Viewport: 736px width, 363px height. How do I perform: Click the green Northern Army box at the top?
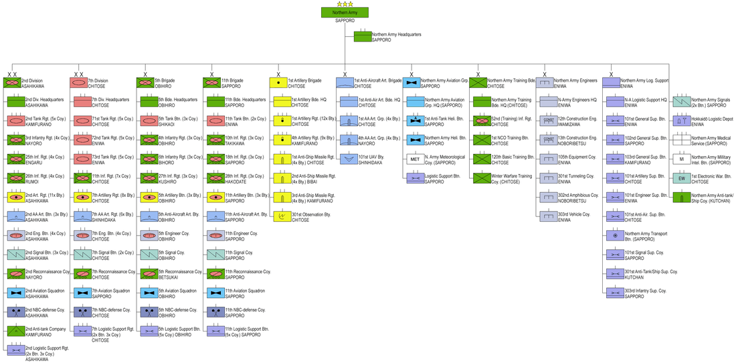tap(345, 13)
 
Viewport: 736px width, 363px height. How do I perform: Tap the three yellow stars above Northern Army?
tap(345, 4)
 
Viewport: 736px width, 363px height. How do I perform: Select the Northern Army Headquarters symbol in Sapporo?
tap(362, 36)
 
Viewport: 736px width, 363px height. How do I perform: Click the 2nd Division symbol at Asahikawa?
tap(12, 83)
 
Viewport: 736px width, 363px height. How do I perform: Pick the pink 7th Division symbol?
tap(78, 83)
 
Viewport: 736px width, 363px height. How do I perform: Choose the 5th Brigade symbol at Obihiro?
tap(145, 83)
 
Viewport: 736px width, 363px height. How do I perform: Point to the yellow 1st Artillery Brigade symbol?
tap(278, 83)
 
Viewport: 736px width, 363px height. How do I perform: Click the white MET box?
tap(415, 159)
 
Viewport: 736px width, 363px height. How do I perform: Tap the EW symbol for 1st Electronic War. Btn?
tap(682, 178)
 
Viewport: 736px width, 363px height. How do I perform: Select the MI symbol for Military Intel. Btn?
tap(682, 159)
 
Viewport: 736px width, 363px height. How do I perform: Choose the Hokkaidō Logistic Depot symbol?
tap(682, 121)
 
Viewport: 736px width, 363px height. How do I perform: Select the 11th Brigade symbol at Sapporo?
tap(212, 83)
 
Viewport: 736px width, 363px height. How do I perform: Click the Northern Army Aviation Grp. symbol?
tap(411, 83)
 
